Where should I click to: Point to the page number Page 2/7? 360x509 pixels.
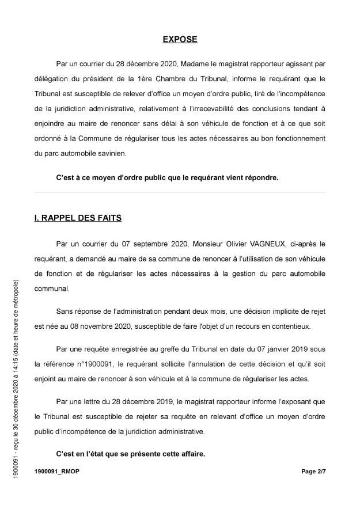(x=313, y=471)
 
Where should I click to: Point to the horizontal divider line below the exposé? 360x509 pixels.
(x=180, y=192)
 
